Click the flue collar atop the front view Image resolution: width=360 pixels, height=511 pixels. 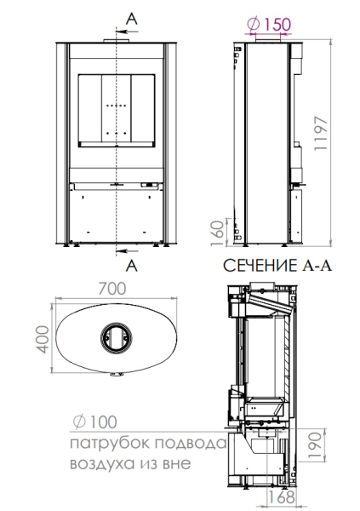pyautogui.click(x=113, y=40)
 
